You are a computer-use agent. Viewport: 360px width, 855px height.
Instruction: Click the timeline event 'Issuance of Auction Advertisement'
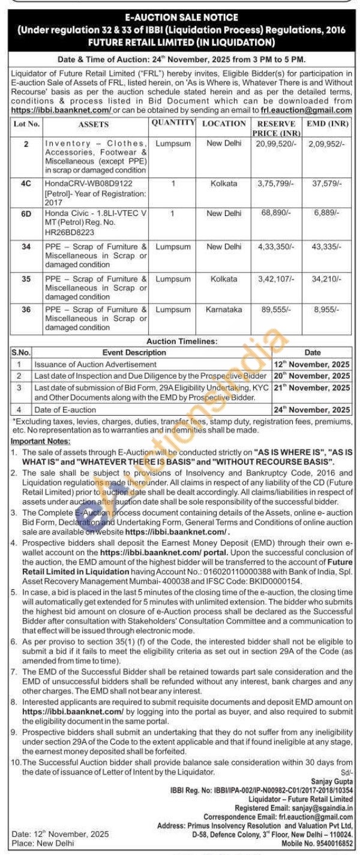95,364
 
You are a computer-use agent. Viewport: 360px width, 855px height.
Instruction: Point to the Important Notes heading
38,441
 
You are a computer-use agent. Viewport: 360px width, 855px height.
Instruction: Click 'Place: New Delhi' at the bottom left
39,843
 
